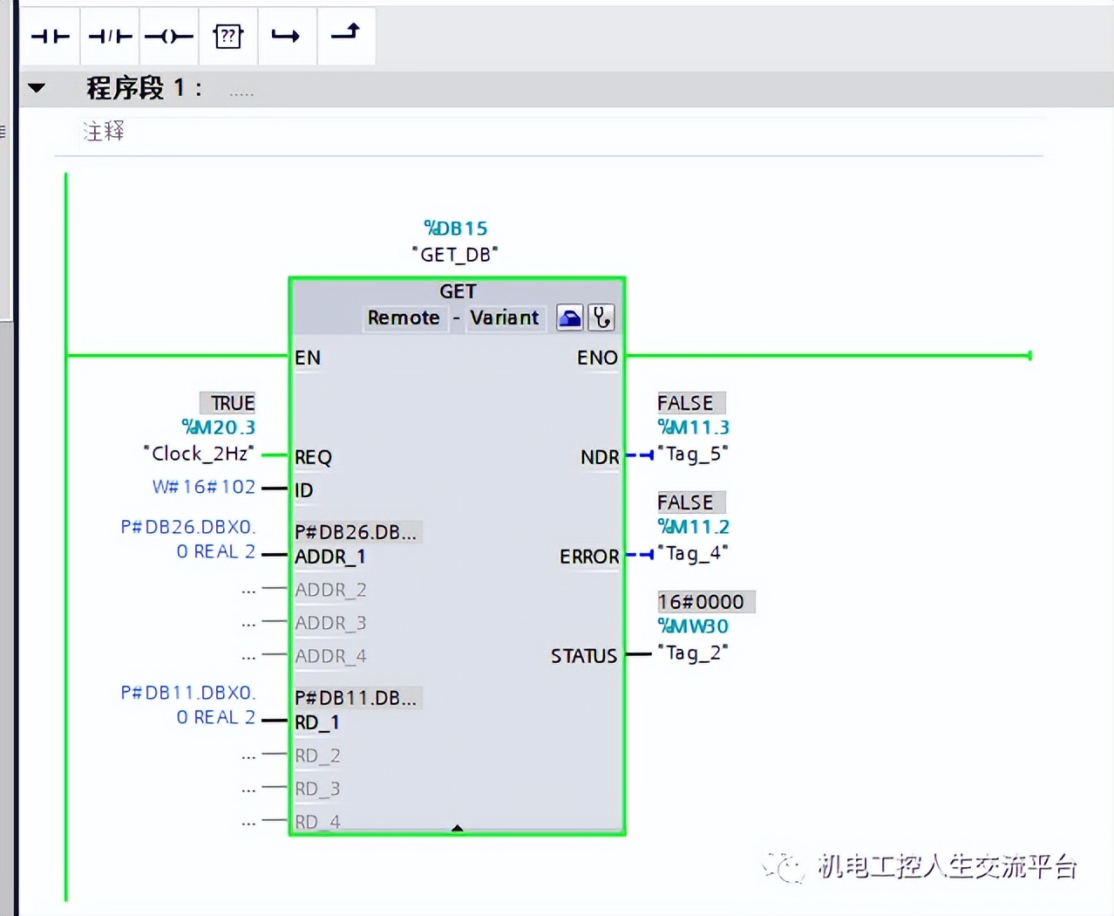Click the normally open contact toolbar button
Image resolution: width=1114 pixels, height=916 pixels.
pyautogui.click(x=50, y=36)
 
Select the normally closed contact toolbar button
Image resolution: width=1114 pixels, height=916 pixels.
pyautogui.click(x=110, y=36)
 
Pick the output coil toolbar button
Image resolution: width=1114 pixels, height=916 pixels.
pyautogui.click(x=169, y=36)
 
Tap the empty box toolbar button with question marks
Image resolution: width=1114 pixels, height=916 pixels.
pyautogui.click(x=228, y=36)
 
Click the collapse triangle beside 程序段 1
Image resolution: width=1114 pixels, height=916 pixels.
pyautogui.click(x=37, y=88)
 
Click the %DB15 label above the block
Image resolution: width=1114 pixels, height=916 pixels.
pyautogui.click(x=455, y=229)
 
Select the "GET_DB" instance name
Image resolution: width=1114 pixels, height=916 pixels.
pyautogui.click(x=455, y=254)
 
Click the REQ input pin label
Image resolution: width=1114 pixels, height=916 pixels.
pyautogui.click(x=313, y=457)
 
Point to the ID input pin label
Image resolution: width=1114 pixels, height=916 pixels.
pyautogui.click(x=303, y=490)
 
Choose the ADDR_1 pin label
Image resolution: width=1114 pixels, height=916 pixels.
pyautogui.click(x=329, y=557)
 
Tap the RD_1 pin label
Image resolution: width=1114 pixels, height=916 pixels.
pyautogui.click(x=316, y=722)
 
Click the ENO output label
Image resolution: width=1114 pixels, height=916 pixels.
pyautogui.click(x=597, y=358)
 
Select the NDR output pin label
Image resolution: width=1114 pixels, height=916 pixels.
pyautogui.click(x=600, y=457)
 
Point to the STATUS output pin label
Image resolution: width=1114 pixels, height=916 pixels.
pyautogui.click(x=583, y=656)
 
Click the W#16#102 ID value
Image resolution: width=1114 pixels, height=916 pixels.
pyautogui.click(x=204, y=487)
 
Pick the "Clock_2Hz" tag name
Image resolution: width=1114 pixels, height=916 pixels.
pyautogui.click(x=199, y=454)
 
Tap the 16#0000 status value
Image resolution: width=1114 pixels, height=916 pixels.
pyautogui.click(x=701, y=602)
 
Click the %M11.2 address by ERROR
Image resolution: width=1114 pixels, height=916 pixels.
pyautogui.click(x=693, y=527)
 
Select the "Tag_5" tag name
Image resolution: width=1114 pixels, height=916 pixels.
pyautogui.click(x=693, y=454)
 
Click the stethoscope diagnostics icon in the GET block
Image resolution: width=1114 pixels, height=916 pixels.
pyautogui.click(x=601, y=318)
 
